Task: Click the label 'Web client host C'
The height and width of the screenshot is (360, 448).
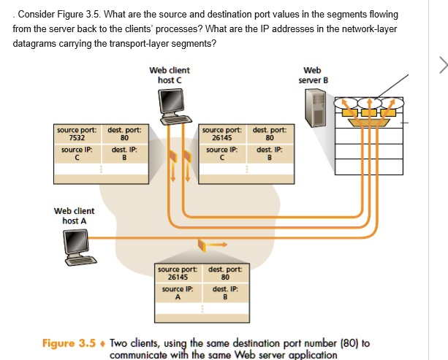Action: point(169,74)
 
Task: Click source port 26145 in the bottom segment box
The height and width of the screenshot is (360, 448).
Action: point(178,277)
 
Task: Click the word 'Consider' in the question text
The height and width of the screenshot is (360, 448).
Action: point(37,14)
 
